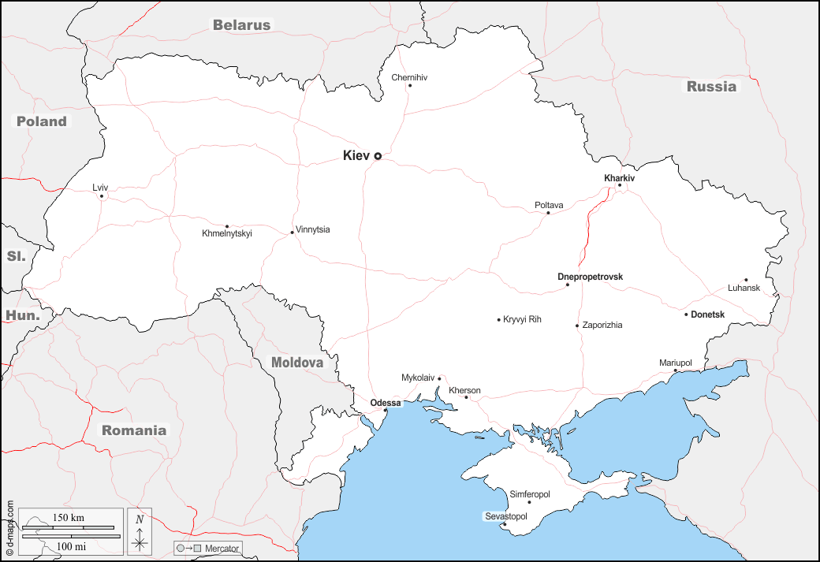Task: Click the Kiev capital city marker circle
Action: click(378, 156)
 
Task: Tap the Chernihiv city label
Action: click(409, 77)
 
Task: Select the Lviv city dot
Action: click(102, 196)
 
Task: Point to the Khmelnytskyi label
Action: click(227, 233)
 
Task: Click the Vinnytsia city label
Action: click(313, 229)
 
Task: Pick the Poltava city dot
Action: click(548, 213)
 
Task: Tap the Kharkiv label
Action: click(619, 178)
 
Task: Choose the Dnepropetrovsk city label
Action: click(590, 277)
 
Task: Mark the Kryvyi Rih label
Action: click(522, 319)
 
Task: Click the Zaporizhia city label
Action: click(602, 325)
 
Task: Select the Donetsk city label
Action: click(707, 314)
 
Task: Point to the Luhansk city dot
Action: click(746, 280)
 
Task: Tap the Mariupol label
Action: click(676, 363)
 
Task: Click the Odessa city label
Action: click(386, 403)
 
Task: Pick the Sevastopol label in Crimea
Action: click(505, 516)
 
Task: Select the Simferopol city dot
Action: click(529, 502)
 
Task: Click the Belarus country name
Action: click(241, 25)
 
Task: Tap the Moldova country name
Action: click(297, 363)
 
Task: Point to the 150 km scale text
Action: click(69, 518)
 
